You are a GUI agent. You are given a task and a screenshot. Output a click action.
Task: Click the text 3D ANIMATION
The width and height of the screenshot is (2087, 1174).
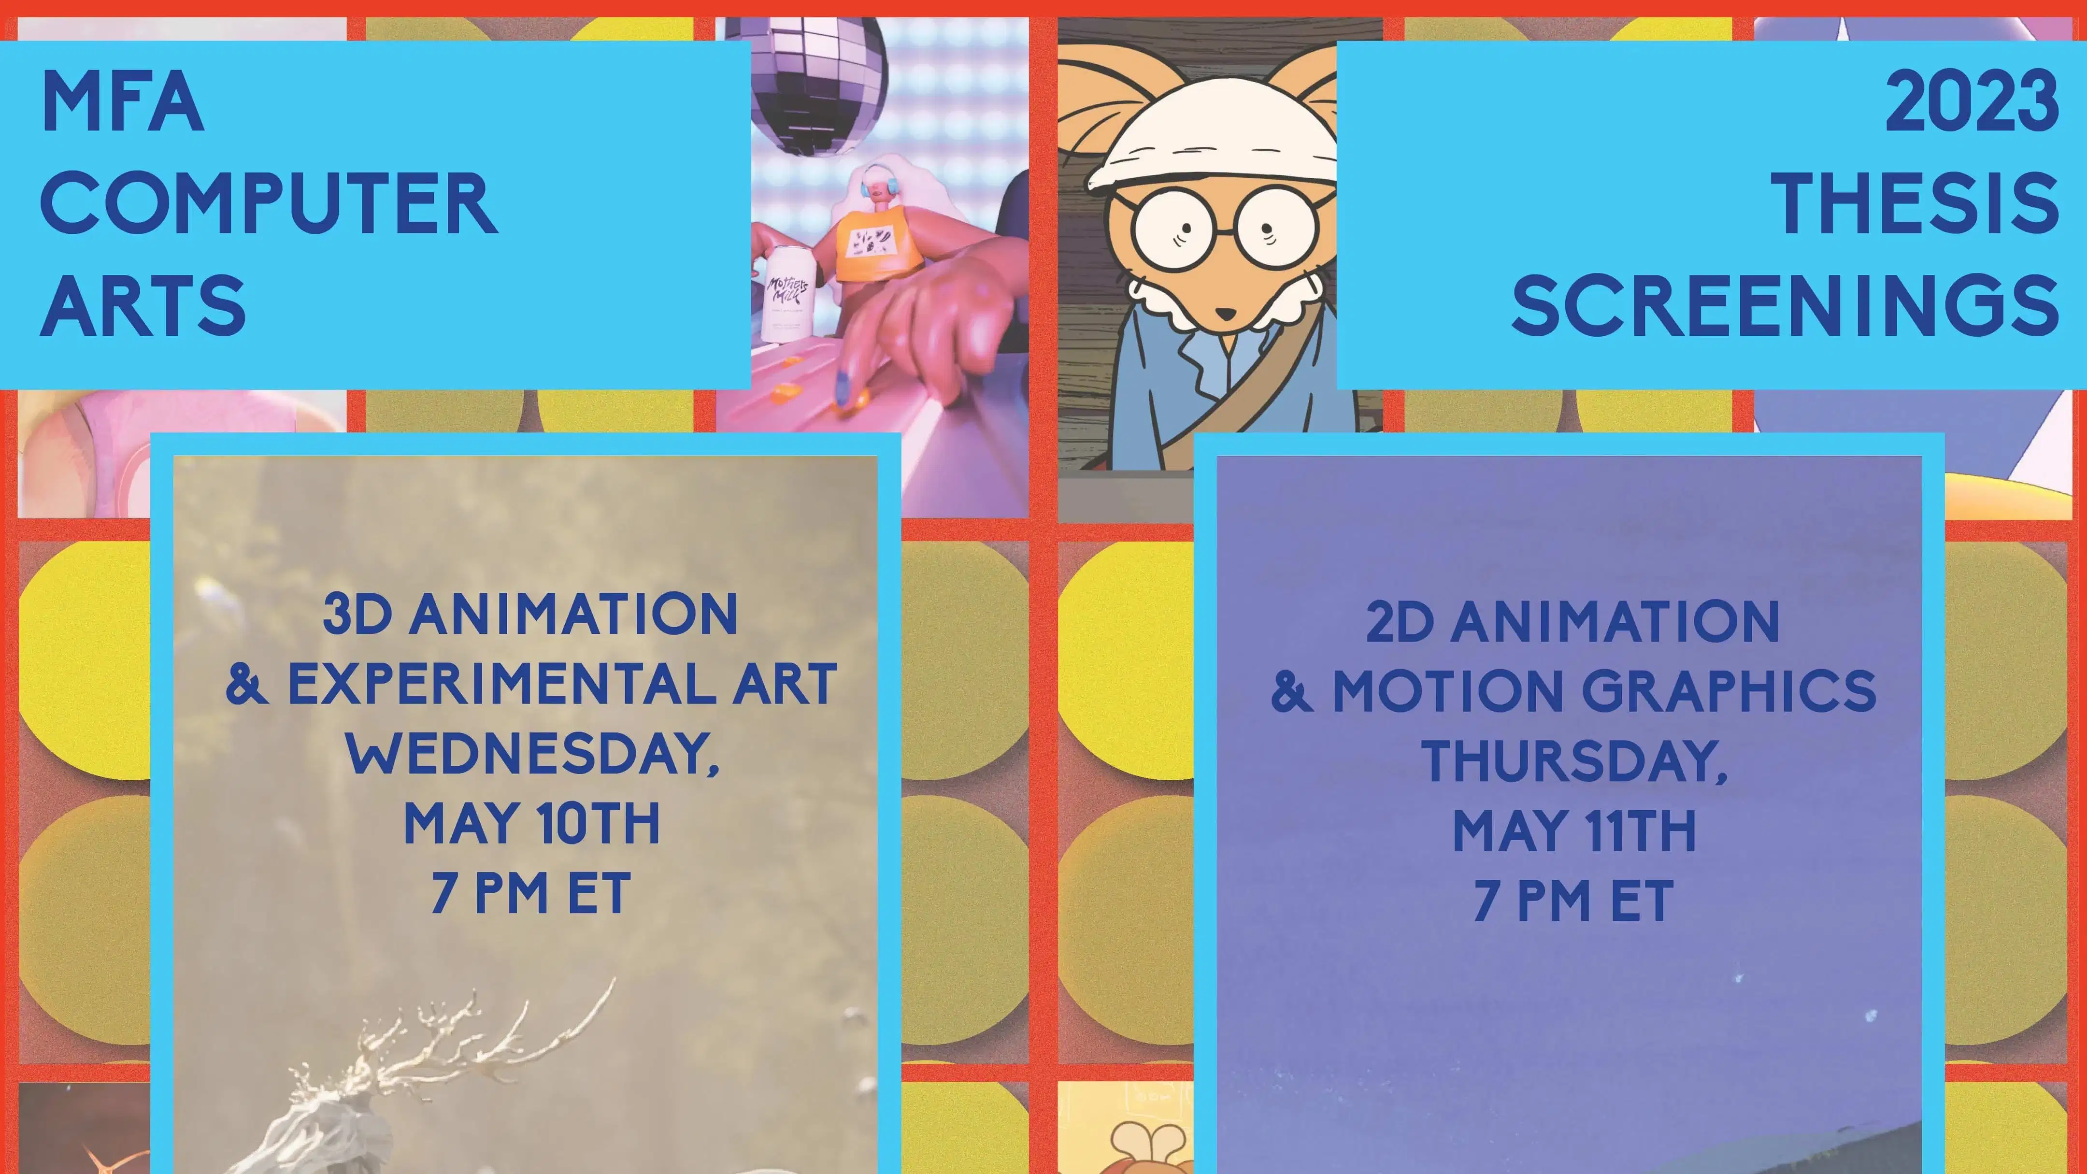tap(530, 614)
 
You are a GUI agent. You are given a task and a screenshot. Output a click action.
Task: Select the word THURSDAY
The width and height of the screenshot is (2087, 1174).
tap(1574, 761)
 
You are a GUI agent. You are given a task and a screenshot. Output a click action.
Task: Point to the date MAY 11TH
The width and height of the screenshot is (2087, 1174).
tap(1574, 831)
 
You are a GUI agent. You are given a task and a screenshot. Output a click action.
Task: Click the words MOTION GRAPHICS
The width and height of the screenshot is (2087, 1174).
tap(1604, 691)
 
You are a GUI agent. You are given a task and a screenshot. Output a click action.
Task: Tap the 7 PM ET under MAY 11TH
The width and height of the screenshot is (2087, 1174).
tap(1574, 901)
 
